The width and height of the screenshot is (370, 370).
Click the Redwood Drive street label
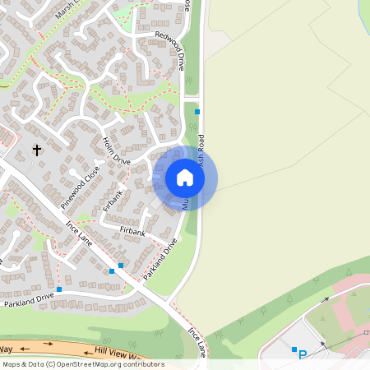(x=169, y=49)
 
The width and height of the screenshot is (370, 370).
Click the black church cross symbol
(x=36, y=150)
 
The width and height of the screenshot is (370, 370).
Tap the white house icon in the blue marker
(x=185, y=178)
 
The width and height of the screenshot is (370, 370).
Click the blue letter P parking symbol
(x=303, y=355)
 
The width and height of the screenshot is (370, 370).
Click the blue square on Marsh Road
(x=197, y=111)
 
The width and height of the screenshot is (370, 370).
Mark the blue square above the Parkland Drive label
(x=59, y=289)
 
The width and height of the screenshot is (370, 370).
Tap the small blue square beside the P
(x=294, y=349)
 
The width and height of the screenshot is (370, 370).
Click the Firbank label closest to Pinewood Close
(x=113, y=201)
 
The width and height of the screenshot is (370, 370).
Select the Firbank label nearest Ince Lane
(x=132, y=233)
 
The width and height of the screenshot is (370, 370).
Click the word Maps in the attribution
(x=12, y=364)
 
